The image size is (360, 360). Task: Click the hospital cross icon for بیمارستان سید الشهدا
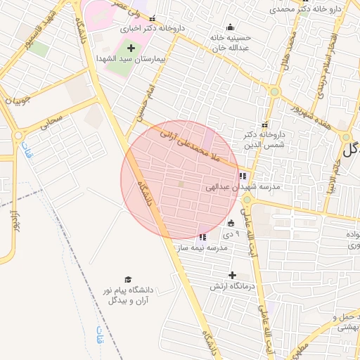(131, 48)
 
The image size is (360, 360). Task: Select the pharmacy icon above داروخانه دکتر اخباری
(153, 19)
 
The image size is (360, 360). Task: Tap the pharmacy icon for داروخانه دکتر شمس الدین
(264, 124)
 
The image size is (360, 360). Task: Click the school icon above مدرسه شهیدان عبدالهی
(243, 176)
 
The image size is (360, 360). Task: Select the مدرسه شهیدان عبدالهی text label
(243, 188)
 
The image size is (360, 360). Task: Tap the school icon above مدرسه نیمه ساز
(203, 237)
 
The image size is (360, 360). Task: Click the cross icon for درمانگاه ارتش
(232, 275)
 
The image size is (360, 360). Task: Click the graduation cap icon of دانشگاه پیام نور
(128, 279)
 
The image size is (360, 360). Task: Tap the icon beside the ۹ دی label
(231, 224)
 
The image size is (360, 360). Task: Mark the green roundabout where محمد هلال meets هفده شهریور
(274, 91)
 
